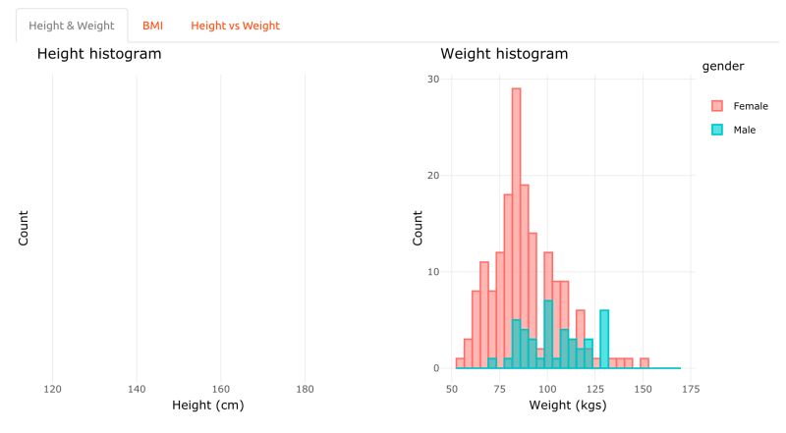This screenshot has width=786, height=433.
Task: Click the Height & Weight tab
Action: pyautogui.click(x=72, y=26)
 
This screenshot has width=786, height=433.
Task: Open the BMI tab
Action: pyautogui.click(x=152, y=26)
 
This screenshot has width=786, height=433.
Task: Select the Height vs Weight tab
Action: pyautogui.click(x=235, y=26)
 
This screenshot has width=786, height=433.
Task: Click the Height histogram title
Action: pyautogui.click(x=98, y=54)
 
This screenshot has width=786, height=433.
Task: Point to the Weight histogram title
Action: pyautogui.click(x=504, y=54)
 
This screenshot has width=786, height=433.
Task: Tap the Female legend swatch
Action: pyautogui.click(x=717, y=105)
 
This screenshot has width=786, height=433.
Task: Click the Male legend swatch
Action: pyautogui.click(x=717, y=130)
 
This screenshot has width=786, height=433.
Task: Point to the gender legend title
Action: pyautogui.click(x=722, y=66)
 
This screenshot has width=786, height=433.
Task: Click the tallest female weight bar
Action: pyautogui.click(x=516, y=226)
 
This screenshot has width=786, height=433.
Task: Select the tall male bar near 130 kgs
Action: pyautogui.click(x=604, y=339)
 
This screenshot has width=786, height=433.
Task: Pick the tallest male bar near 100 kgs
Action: pyautogui.click(x=548, y=334)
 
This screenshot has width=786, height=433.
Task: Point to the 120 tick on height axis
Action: pyautogui.click(x=53, y=388)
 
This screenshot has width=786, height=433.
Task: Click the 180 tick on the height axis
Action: pyautogui.click(x=305, y=388)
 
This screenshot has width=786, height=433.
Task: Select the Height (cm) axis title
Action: pyautogui.click(x=207, y=405)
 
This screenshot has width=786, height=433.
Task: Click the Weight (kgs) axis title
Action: pyautogui.click(x=568, y=405)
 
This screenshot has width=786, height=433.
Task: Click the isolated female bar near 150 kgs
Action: pyautogui.click(x=645, y=363)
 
